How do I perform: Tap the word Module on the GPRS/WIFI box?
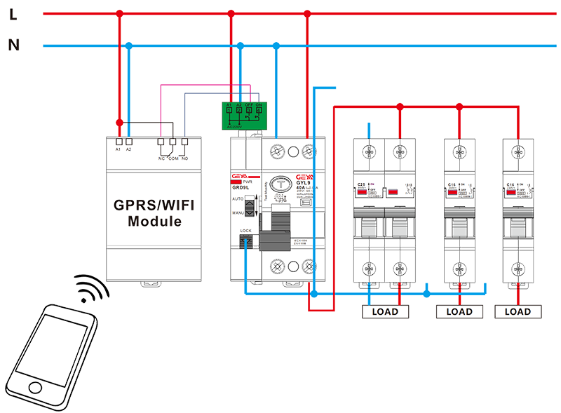coord(154,221)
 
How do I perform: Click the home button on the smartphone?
coord(34,386)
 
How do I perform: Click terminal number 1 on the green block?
coord(229,109)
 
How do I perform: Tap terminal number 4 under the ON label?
coord(259,109)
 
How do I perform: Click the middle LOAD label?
coord(459,312)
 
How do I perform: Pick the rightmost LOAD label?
coord(518,312)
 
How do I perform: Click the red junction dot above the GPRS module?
coord(119,123)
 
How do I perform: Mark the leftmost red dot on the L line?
coord(119,14)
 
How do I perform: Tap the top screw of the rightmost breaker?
coord(518,149)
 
